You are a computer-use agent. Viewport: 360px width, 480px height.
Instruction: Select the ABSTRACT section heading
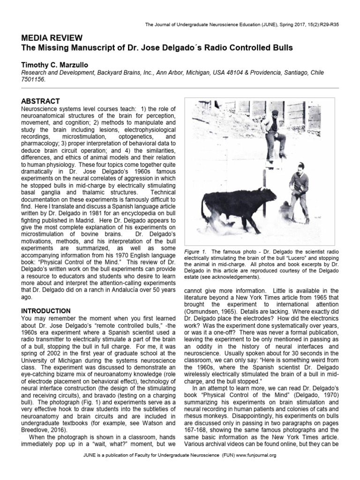click(41, 101)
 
